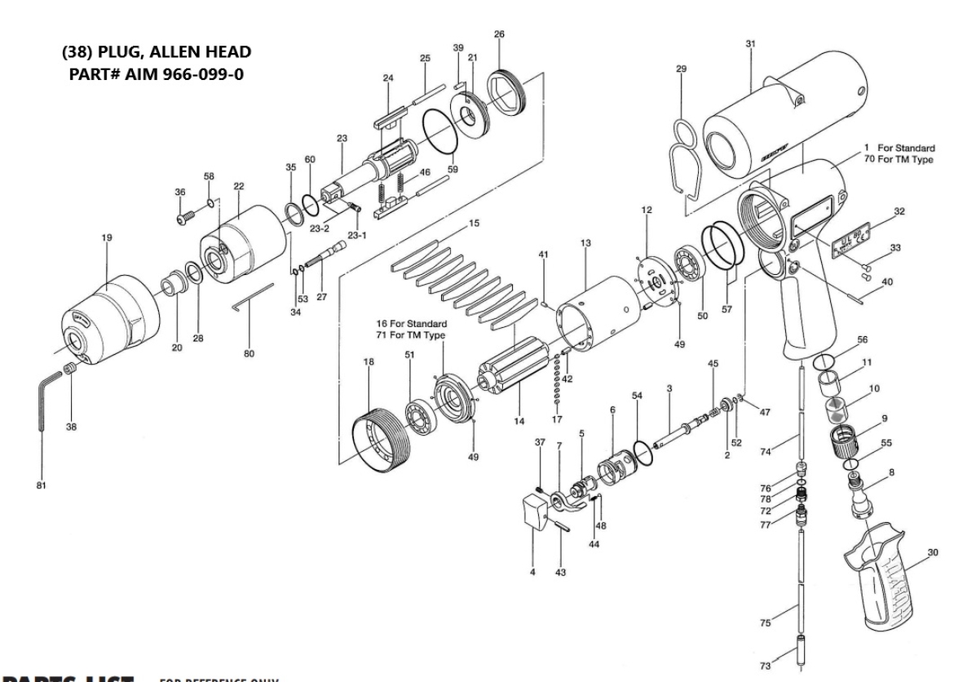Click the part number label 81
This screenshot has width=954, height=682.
tap(41, 486)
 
